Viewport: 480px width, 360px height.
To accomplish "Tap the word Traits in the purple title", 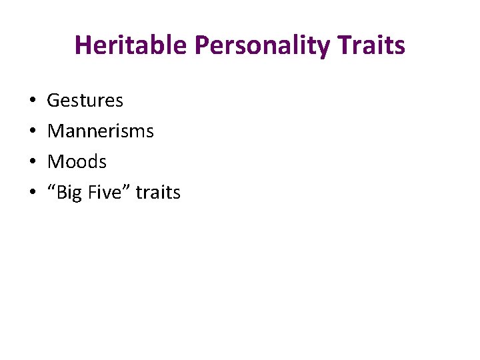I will click(373, 45).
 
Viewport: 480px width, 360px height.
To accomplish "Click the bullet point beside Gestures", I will click(33, 101).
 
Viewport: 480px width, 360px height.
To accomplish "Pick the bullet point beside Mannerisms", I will click(33, 132).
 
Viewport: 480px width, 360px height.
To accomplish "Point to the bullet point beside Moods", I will click(33, 163).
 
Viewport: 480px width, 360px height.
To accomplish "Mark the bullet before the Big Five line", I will click(33, 193).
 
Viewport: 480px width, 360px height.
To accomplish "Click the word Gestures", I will click(85, 101).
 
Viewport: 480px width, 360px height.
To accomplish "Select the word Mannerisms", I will click(101, 131).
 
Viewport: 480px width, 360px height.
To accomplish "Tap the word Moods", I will click(77, 162).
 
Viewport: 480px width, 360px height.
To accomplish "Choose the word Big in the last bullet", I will click(68, 193).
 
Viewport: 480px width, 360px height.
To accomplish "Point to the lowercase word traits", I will click(158, 193).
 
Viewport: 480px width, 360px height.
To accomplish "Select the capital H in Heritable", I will click(83, 45).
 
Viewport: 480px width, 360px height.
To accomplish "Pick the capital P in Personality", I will click(202, 45).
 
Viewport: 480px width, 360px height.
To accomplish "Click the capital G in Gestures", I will click(54, 101).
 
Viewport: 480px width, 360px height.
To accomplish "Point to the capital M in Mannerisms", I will click(56, 131).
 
